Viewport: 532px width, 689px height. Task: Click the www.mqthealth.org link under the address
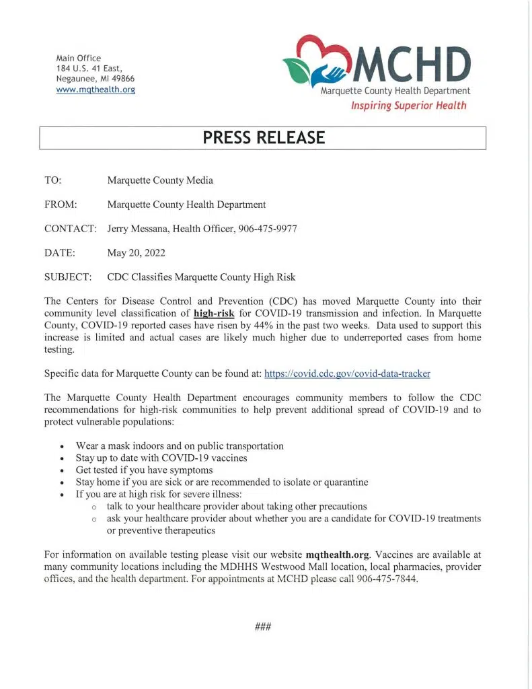(x=96, y=89)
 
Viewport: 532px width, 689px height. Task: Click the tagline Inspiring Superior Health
(x=408, y=106)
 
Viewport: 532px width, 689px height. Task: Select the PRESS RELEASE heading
(x=264, y=138)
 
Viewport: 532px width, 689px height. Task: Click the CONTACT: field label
(x=71, y=229)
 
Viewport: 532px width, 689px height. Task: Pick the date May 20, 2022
(x=137, y=253)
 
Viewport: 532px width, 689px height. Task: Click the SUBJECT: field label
(x=68, y=277)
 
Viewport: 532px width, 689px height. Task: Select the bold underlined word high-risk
(x=214, y=314)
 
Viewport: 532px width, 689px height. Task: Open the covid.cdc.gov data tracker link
(x=348, y=373)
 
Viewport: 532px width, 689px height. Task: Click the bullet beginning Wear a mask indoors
(x=180, y=446)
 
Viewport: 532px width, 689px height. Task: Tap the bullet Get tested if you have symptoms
(x=144, y=470)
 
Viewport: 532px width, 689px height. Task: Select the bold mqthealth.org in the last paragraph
(x=338, y=555)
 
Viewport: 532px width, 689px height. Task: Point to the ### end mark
(x=263, y=627)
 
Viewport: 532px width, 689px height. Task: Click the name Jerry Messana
(x=137, y=229)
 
